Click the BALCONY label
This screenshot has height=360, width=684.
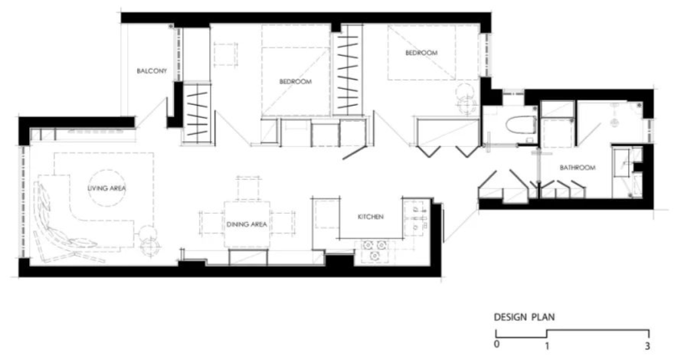pyautogui.click(x=152, y=70)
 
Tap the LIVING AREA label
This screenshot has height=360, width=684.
pyautogui.click(x=106, y=188)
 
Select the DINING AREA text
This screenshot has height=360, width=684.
pyautogui.click(x=247, y=224)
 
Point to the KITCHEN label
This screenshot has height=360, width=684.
pyautogui.click(x=371, y=217)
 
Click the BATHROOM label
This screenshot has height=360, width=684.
pyautogui.click(x=578, y=168)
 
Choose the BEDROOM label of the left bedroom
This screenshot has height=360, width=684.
pyautogui.click(x=296, y=82)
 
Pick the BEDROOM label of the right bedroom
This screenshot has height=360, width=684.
pyautogui.click(x=421, y=53)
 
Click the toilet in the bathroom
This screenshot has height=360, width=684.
pyautogui.click(x=521, y=125)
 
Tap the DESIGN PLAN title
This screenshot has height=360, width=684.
pyautogui.click(x=525, y=317)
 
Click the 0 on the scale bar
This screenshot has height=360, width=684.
pyautogui.click(x=497, y=344)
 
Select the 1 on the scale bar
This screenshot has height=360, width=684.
pyautogui.click(x=547, y=345)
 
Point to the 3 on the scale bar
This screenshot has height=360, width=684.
pyautogui.click(x=648, y=345)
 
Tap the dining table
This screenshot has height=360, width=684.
pyautogui.click(x=247, y=224)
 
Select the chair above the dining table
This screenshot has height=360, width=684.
pyautogui.click(x=249, y=188)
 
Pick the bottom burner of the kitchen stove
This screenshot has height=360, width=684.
pyautogui.click(x=375, y=256)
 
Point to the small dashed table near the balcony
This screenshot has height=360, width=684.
pyautogui.click(x=225, y=54)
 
